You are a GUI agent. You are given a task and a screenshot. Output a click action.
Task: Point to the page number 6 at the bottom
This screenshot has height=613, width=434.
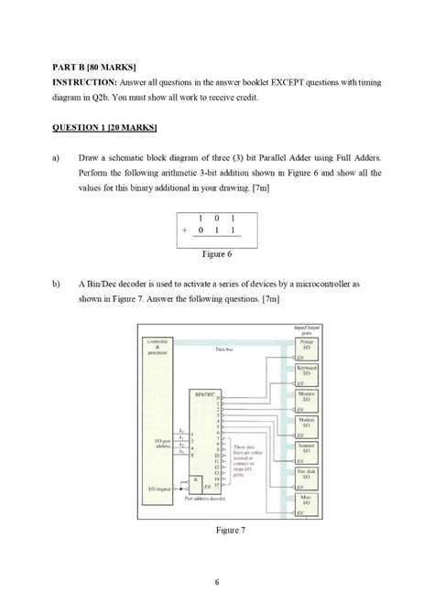[x=217, y=582]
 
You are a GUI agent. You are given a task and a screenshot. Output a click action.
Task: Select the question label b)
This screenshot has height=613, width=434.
[x=55, y=285]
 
